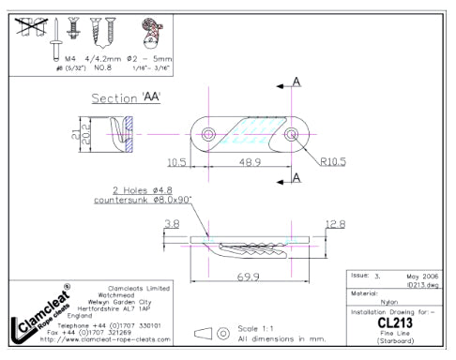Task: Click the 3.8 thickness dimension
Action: coord(171,224)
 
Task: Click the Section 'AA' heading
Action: coord(126,98)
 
